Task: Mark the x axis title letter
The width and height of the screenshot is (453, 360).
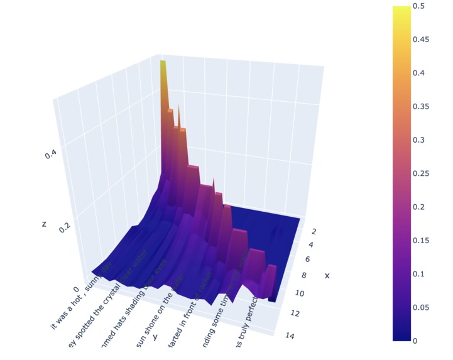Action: coord(327,275)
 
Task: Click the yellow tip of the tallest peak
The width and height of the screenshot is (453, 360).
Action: coord(163,63)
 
